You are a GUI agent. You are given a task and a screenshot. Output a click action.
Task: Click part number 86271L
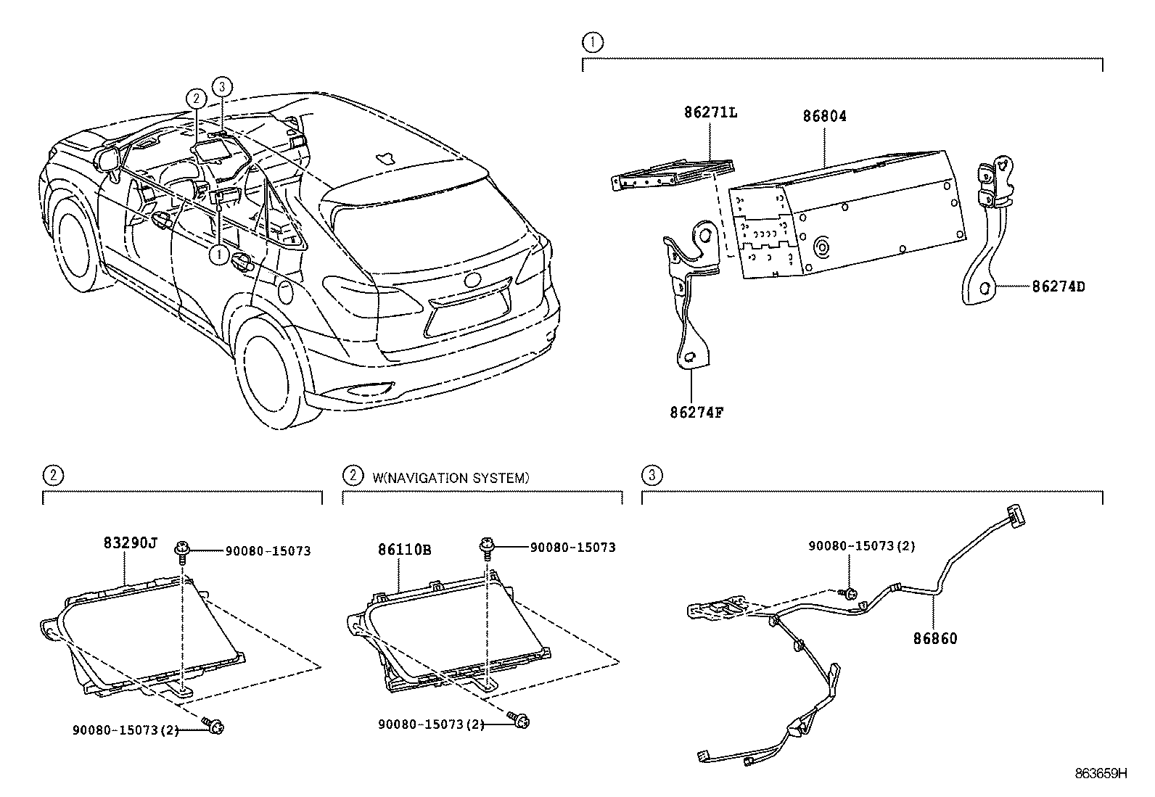click(710, 112)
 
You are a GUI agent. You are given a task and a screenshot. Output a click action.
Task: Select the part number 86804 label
click(824, 116)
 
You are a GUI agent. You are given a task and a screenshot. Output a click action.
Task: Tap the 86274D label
click(1059, 286)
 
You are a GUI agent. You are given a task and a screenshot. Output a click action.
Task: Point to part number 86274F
click(696, 413)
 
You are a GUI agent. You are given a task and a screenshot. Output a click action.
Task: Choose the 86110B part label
click(404, 550)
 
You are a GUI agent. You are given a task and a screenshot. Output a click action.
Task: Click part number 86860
click(934, 639)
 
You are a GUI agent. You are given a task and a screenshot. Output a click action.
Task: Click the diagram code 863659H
click(1101, 773)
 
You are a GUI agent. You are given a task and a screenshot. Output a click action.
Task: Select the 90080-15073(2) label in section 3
click(861, 546)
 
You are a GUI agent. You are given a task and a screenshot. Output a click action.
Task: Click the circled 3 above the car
click(222, 86)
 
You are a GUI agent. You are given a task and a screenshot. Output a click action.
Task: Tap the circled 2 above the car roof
click(195, 98)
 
